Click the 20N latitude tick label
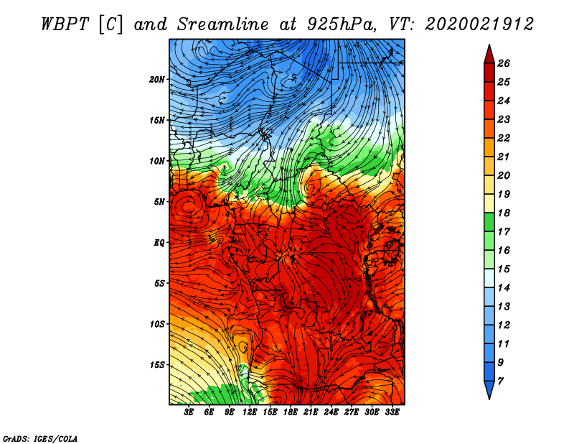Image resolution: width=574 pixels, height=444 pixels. [x=156, y=80]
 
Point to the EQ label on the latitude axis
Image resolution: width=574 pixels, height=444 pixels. [x=159, y=243]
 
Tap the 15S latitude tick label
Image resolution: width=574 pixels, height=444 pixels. [x=157, y=365]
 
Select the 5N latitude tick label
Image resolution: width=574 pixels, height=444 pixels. [x=159, y=202]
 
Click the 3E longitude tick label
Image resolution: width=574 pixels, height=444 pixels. [x=189, y=412]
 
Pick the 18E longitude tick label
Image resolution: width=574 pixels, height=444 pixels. [x=291, y=412]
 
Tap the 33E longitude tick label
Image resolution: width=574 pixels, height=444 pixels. [x=392, y=412]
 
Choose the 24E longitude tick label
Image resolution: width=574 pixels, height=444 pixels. [x=331, y=412]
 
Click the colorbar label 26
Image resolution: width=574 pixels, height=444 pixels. [x=504, y=63]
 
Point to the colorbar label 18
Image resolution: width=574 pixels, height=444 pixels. [x=504, y=213]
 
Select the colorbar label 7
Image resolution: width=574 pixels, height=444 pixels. [x=500, y=381]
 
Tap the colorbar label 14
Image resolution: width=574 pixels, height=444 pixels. [x=504, y=288]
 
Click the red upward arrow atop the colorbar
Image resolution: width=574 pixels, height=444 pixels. [x=489, y=55]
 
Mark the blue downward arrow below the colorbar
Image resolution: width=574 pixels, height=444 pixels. [x=489, y=389]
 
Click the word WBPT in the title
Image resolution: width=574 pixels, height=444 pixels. [x=65, y=24]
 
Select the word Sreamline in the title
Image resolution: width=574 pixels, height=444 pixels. [x=223, y=24]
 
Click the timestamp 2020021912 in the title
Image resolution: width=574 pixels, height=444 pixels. [x=479, y=24]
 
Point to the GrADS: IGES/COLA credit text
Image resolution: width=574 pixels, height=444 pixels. [x=40, y=439]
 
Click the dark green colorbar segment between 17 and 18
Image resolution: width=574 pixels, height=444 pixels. [x=489, y=222]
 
